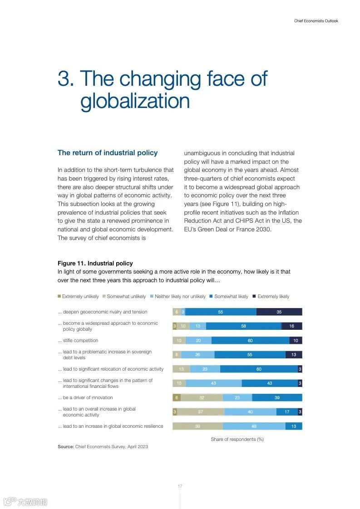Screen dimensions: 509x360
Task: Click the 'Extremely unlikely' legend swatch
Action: (x=59, y=296)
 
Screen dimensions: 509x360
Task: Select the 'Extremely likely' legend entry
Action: (x=273, y=297)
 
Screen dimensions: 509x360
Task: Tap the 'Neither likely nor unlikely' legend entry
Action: (x=180, y=297)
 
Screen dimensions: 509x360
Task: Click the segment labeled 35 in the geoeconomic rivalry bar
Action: (x=279, y=312)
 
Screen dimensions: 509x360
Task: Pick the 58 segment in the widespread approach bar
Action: (x=243, y=326)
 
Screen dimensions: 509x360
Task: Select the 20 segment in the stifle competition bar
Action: (x=198, y=341)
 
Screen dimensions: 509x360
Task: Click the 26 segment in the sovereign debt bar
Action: (x=197, y=355)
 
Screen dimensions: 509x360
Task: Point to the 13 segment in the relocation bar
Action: (x=181, y=369)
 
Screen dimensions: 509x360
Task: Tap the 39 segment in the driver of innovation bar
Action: (x=277, y=398)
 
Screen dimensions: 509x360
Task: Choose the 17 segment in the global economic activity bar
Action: (x=287, y=412)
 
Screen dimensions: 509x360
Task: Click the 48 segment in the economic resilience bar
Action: (x=254, y=426)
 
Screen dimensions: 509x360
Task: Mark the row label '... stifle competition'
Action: (x=78, y=341)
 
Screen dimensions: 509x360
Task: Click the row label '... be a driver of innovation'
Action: (x=85, y=398)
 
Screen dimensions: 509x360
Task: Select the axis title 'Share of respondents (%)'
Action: (x=237, y=439)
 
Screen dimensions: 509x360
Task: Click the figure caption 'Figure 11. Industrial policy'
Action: (x=95, y=264)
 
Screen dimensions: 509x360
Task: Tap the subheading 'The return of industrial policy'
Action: (x=108, y=153)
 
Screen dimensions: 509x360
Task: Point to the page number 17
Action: (x=180, y=486)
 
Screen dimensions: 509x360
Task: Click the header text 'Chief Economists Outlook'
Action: (x=316, y=21)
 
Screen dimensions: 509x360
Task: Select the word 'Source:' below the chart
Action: (x=66, y=447)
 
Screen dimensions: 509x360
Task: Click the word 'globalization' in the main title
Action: (x=135, y=101)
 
